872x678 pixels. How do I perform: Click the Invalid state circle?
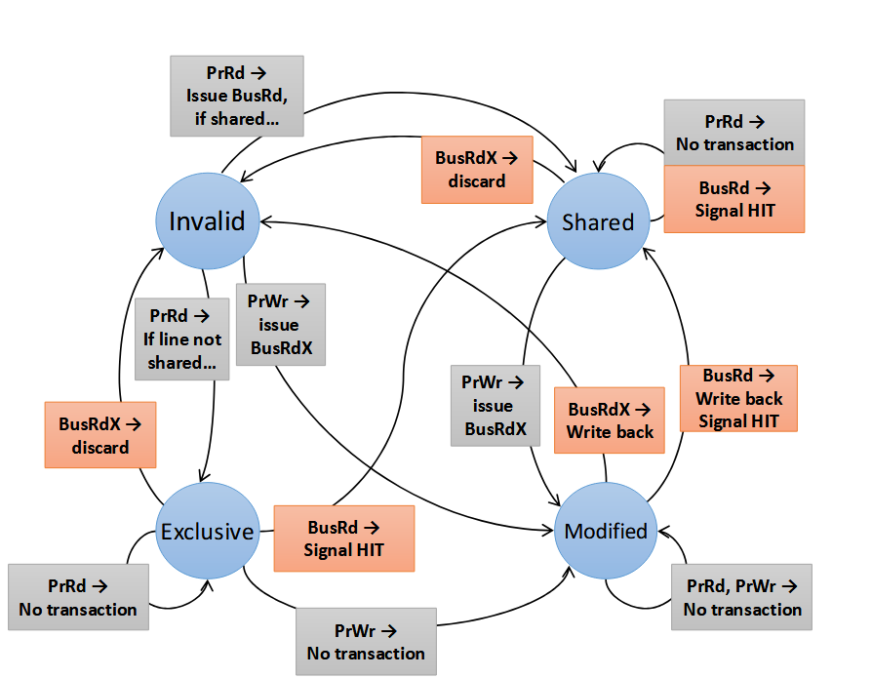(207, 221)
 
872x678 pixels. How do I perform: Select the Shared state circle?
(598, 221)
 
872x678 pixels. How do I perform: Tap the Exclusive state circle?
(207, 532)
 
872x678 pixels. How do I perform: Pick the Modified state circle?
(605, 531)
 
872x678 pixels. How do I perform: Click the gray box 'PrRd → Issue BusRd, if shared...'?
(237, 96)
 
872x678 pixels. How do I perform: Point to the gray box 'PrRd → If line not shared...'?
(182, 339)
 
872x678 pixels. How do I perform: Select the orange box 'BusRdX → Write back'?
(609, 419)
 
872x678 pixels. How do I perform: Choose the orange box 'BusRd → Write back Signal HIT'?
(738, 398)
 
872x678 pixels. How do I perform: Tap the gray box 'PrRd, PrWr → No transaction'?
(742, 597)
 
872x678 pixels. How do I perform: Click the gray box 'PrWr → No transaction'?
(365, 641)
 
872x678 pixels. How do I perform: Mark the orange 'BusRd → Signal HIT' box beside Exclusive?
(343, 538)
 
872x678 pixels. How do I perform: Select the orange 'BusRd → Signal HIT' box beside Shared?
(734, 199)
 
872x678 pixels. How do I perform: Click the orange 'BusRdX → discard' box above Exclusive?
(100, 435)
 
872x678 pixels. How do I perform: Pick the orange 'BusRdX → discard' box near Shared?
(477, 170)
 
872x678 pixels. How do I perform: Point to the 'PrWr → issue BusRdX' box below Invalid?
(280, 325)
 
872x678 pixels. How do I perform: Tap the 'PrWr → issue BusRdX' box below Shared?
(495, 405)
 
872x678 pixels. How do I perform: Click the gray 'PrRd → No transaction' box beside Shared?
(734, 133)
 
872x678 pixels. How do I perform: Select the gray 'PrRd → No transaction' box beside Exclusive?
(78, 597)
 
